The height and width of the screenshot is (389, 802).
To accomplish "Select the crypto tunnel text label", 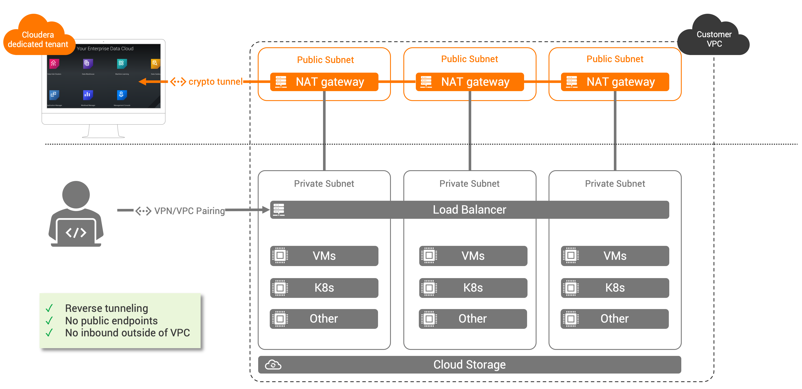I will tap(215, 82).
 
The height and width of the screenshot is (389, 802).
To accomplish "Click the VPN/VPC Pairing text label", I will tap(189, 211).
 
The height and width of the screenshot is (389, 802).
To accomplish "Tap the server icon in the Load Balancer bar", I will tap(279, 210).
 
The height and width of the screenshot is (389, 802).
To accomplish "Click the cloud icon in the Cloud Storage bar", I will tap(273, 365).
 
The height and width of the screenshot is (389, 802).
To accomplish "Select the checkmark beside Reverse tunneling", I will tap(49, 308).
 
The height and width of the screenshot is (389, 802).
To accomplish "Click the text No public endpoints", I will tap(111, 321).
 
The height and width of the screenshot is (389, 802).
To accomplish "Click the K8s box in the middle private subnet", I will tap(473, 288).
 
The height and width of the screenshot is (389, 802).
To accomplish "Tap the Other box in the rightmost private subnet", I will tap(614, 319).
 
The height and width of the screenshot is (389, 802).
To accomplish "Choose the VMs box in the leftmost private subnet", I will tap(324, 256).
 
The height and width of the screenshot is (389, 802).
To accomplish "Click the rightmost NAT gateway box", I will tap(615, 82).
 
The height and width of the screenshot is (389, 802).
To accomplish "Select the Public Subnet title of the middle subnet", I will tap(470, 59).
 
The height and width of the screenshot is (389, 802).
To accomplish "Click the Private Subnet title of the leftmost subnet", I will tap(324, 184).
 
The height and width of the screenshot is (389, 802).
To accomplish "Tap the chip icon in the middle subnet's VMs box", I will tap(429, 256).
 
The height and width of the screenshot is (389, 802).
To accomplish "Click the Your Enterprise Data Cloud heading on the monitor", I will tap(105, 49).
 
